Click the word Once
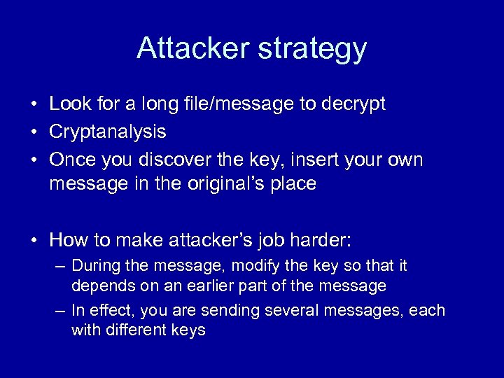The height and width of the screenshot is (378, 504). coord(72,160)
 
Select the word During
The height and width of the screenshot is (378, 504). coord(95,266)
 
